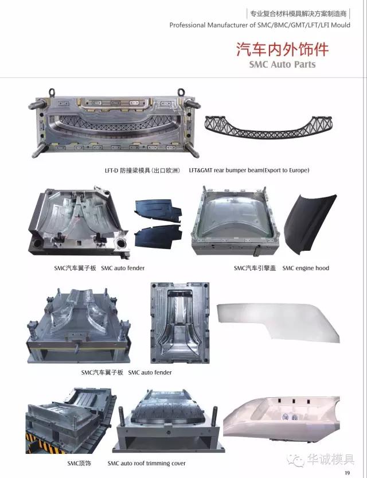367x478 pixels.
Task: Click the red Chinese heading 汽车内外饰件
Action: [x=282, y=49]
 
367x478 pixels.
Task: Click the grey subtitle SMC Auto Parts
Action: [x=282, y=64]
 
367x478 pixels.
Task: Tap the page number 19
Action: [x=347, y=473]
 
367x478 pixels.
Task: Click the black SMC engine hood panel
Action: [x=309, y=225]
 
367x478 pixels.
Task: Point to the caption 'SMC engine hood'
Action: [x=306, y=269]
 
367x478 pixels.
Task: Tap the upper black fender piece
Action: [x=158, y=211]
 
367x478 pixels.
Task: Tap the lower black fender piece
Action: [x=158, y=236]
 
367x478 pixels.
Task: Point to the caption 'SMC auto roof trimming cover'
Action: [x=146, y=464]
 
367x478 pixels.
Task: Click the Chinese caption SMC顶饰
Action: [x=79, y=464]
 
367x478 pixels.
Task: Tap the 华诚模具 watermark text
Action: [x=330, y=460]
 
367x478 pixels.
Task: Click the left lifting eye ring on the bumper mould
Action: [x=52, y=92]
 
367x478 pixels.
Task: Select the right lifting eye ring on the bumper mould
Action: [x=182, y=92]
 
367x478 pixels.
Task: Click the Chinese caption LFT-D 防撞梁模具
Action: [x=142, y=170]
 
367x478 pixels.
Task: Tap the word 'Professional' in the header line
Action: [x=188, y=25]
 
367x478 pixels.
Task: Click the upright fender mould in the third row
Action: [x=180, y=323]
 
